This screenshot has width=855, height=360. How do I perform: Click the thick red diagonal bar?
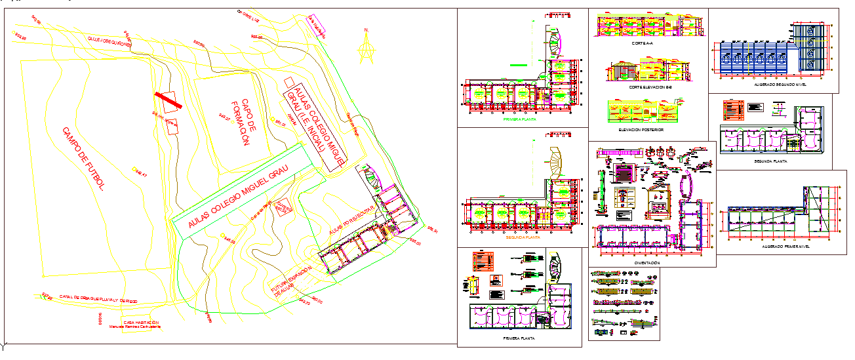[169, 101]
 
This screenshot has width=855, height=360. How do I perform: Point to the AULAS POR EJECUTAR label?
[351, 219]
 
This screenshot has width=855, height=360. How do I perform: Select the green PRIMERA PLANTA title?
[519, 120]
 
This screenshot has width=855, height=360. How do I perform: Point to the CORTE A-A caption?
[642, 43]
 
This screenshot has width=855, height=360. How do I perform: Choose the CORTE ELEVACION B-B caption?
[650, 87]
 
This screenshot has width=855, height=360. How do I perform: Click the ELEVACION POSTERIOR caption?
[641, 130]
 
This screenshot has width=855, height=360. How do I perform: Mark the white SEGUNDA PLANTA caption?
[770, 160]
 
